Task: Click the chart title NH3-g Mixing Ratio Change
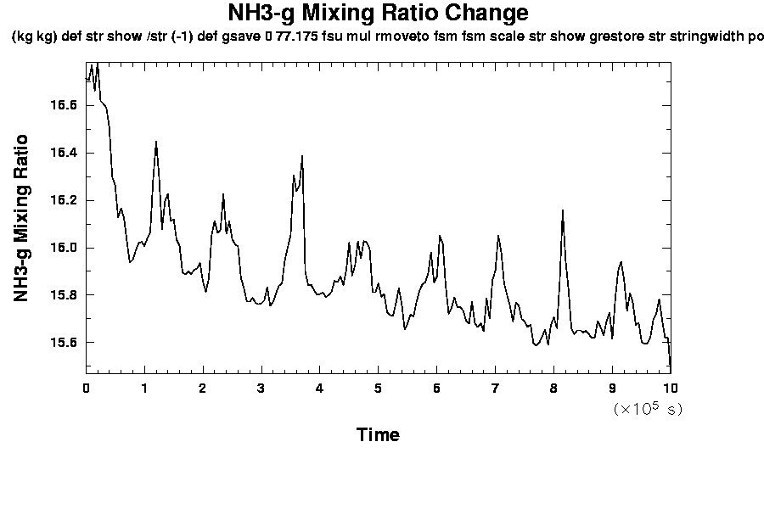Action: point(378,14)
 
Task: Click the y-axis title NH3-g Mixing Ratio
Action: point(22,218)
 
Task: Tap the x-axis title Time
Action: point(378,435)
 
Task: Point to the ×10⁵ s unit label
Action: point(647,409)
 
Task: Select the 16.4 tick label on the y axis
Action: point(63,153)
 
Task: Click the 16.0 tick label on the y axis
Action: point(63,248)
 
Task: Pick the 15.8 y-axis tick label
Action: point(63,295)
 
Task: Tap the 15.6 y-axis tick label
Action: point(63,343)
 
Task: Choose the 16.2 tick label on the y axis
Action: point(63,200)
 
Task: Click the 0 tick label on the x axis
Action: point(86,388)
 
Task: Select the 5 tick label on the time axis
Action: point(378,388)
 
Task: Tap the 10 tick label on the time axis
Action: point(670,388)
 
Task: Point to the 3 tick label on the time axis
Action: point(261,388)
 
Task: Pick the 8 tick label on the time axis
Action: point(553,388)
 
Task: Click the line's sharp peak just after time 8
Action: point(563,210)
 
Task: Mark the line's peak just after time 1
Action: point(156,142)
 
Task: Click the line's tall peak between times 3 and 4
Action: point(302,156)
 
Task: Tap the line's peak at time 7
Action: point(499,237)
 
